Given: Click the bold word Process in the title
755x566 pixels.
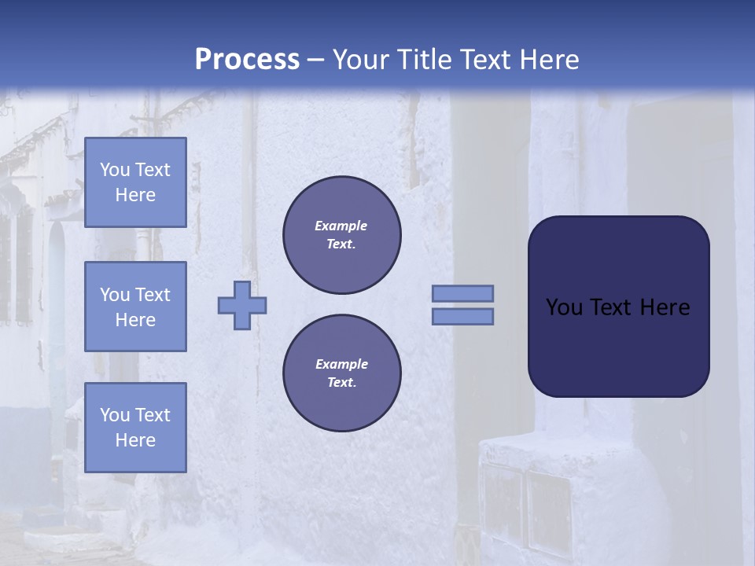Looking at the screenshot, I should [x=247, y=60].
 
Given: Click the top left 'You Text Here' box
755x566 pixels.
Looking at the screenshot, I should [x=135, y=182].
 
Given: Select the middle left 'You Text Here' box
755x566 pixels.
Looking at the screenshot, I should [x=135, y=307].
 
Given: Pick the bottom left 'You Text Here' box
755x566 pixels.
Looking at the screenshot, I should [x=135, y=427].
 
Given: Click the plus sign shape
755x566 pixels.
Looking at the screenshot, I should [x=242, y=305].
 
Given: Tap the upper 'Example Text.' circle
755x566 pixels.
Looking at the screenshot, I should [x=341, y=235].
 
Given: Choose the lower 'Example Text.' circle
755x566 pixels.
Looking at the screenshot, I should [x=341, y=373].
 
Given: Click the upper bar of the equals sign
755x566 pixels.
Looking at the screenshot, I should [x=462, y=293].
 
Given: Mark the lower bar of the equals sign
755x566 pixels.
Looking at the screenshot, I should [x=462, y=316].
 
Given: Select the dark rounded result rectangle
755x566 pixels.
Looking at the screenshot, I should [x=618, y=306].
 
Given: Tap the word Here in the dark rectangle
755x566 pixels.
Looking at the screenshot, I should [x=665, y=307].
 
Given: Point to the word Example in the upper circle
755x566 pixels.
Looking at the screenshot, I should [x=341, y=226].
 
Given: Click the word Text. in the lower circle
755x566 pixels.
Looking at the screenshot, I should [x=341, y=383].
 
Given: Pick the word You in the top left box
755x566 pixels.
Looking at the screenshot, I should [x=115, y=170].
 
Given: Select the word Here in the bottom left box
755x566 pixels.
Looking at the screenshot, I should [x=135, y=440].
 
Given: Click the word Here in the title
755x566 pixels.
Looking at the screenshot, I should [x=547, y=60].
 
